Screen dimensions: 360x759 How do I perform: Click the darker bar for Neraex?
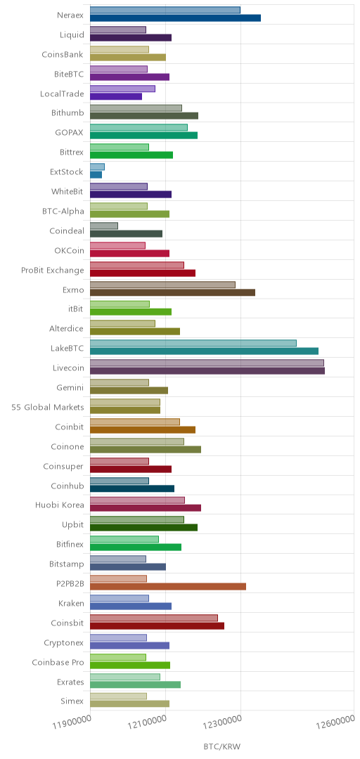[x=175, y=18]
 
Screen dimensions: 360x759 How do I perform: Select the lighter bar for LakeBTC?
[x=193, y=343]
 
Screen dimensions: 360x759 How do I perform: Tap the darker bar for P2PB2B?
[x=168, y=586]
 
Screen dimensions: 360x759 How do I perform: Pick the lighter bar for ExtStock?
[x=98, y=167]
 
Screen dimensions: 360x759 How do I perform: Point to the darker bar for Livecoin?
[x=207, y=371]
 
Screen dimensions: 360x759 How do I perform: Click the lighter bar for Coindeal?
[x=104, y=226]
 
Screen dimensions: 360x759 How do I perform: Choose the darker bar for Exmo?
[x=172, y=292]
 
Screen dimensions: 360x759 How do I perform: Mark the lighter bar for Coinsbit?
[x=154, y=618]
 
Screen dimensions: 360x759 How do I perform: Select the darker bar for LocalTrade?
[x=116, y=96]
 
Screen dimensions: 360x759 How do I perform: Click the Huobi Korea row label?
[x=60, y=505]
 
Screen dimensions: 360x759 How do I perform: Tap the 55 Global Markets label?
[x=48, y=407]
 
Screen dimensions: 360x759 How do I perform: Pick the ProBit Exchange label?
[x=53, y=270]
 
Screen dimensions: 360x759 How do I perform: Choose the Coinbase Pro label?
[x=58, y=662]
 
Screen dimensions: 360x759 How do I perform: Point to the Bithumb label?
[x=67, y=113]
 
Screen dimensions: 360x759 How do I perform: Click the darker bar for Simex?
[x=130, y=703]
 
